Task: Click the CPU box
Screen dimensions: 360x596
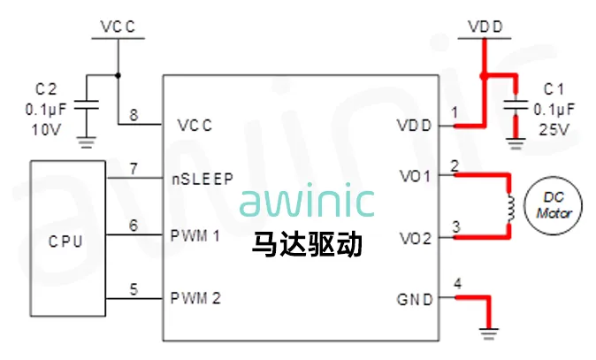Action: coord(66,240)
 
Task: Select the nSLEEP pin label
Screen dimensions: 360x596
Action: coord(202,179)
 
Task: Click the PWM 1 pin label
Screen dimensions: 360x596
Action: coord(195,236)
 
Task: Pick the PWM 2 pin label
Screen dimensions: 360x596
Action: coord(195,298)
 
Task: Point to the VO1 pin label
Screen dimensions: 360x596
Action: coord(414,176)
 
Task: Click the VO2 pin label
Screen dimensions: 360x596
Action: coord(414,238)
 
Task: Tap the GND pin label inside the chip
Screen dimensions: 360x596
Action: coord(415,299)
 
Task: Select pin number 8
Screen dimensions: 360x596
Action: coord(134,114)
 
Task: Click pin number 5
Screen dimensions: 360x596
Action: coord(134,287)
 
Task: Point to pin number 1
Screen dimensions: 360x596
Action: coord(455,113)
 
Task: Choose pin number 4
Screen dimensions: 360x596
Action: coord(456,284)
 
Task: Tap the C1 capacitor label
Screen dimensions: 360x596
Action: coord(554,89)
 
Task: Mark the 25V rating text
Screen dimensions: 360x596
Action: coord(554,129)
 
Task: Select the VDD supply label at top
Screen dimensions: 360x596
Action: coord(485,27)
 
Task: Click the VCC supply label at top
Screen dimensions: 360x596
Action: coord(118,27)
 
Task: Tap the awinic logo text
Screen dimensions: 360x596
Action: coord(306,202)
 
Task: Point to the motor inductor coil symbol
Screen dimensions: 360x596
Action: coord(509,208)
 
